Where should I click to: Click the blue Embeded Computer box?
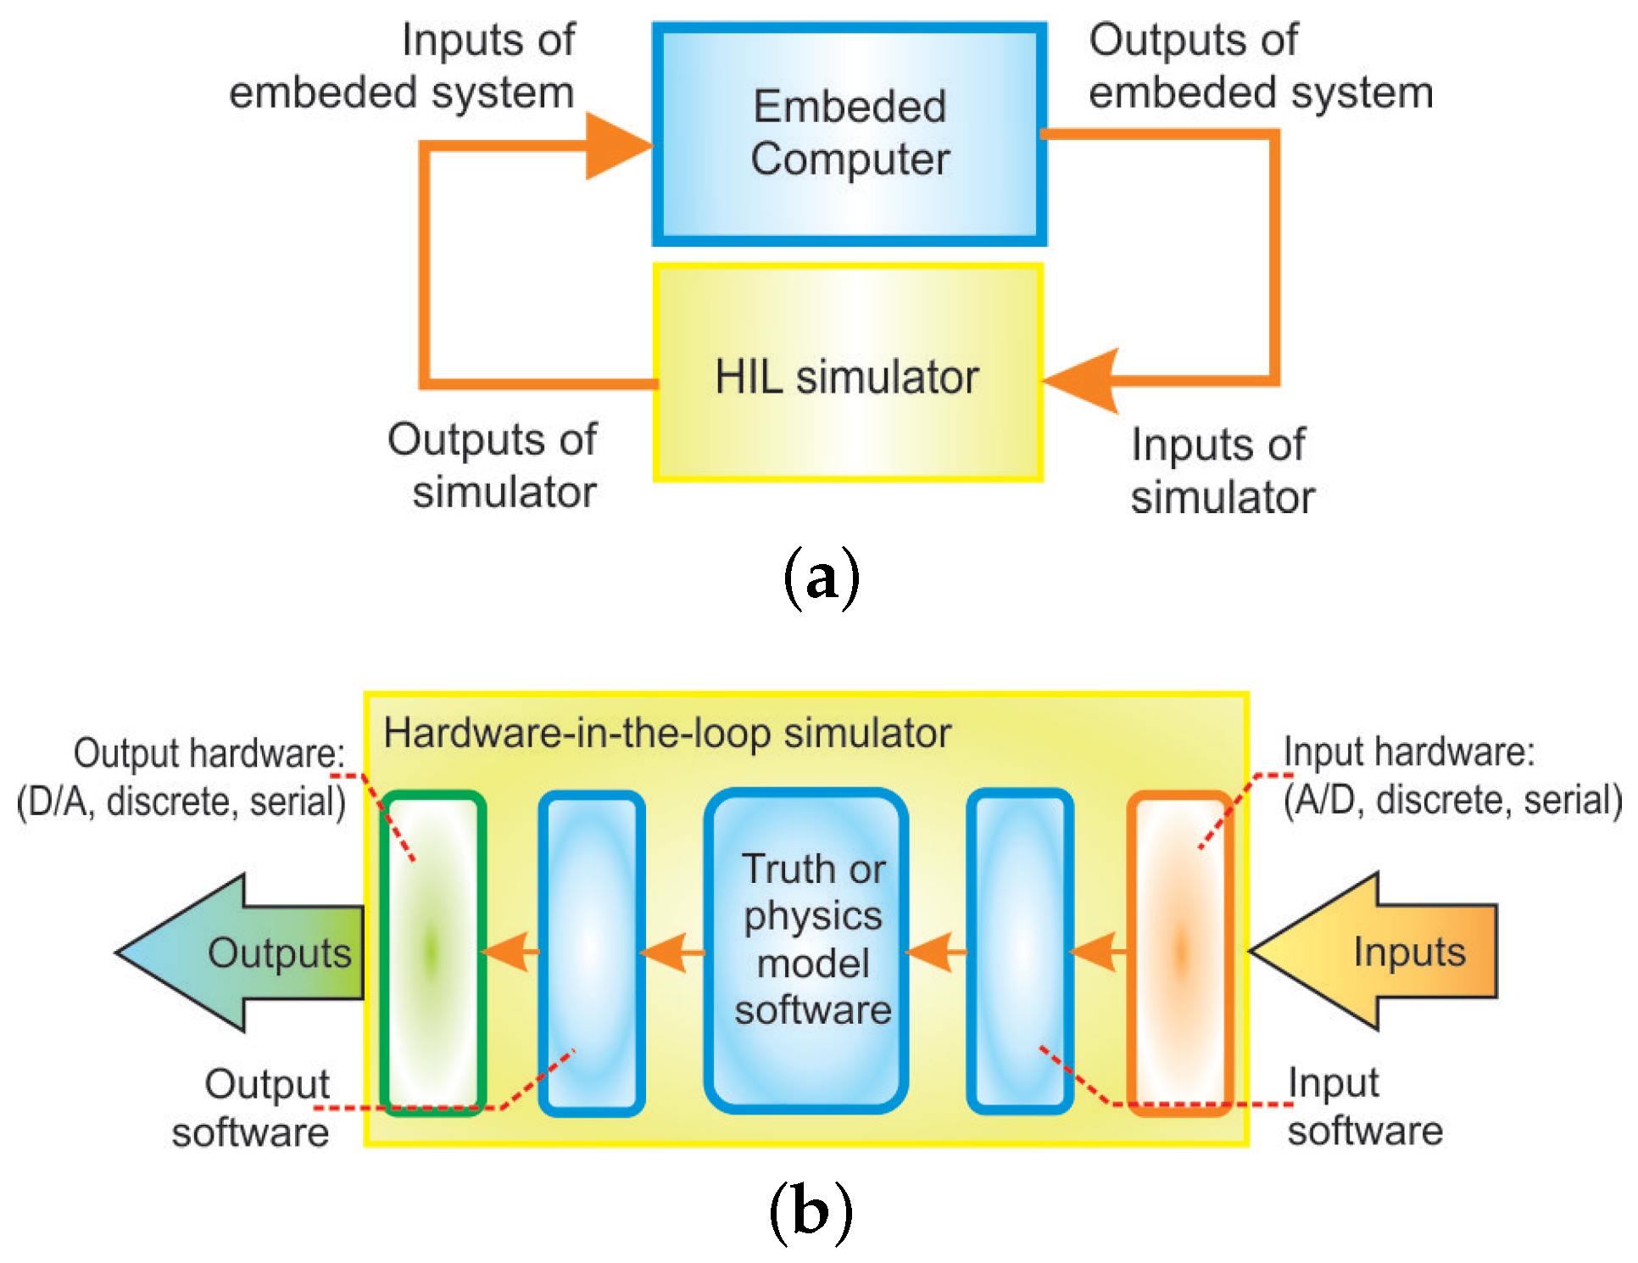pos(850,134)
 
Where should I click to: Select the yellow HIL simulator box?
pos(848,372)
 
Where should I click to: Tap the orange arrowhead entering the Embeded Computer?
pos(620,146)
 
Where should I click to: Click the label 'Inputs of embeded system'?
pos(402,66)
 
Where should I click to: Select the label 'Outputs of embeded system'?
pos(1261,66)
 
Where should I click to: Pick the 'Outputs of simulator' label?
pos(493,466)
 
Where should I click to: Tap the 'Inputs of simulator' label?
pos(1222,471)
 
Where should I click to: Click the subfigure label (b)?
pos(810,1212)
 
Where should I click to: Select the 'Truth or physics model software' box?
pos(806,951)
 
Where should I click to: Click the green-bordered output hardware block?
pos(432,953)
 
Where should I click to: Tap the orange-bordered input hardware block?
pos(1180,953)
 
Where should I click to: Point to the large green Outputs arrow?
pos(241,953)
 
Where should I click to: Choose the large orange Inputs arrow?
pos(1373,951)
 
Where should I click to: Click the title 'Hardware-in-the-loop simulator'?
pos(667,733)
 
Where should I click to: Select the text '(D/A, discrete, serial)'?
pos(181,802)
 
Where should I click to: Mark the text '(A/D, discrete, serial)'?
pos(1452,800)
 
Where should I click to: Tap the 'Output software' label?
pos(251,1108)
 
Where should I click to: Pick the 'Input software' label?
pos(1365,1106)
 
